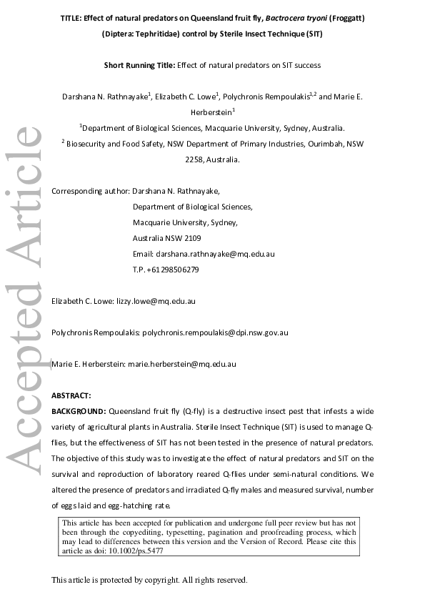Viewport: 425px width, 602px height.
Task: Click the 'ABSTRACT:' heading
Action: [x=71, y=395]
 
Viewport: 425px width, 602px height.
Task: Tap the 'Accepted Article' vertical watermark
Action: [x=26, y=300]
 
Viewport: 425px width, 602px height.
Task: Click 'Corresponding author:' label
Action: [x=91, y=191]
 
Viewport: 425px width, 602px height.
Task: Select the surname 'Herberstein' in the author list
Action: [x=212, y=112]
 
